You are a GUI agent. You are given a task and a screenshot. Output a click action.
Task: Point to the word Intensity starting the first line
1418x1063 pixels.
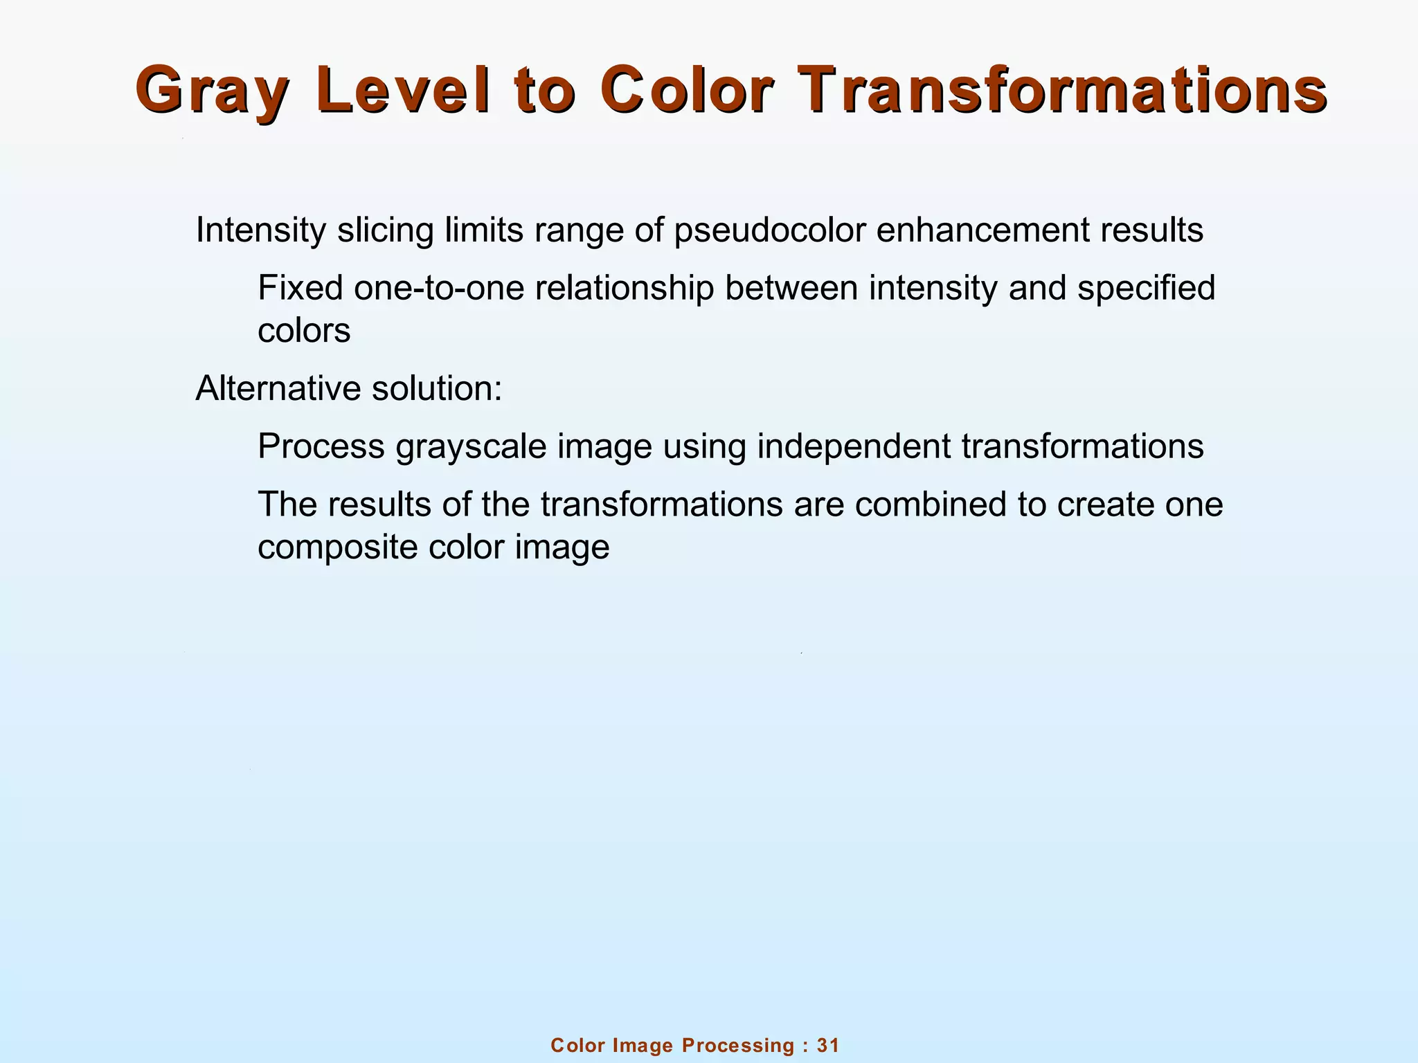(x=260, y=230)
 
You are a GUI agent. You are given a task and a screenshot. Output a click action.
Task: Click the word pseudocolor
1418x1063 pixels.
(x=769, y=230)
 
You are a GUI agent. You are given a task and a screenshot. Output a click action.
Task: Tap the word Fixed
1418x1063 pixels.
(x=300, y=288)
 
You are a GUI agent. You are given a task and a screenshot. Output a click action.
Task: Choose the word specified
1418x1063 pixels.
(x=1146, y=288)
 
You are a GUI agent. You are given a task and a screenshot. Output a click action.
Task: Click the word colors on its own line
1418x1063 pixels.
(x=304, y=331)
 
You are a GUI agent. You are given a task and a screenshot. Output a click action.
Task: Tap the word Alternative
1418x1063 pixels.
(x=278, y=389)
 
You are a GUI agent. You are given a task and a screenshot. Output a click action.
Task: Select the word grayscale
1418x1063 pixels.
(x=471, y=447)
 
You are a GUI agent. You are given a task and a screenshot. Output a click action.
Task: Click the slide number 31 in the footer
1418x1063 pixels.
(x=828, y=1046)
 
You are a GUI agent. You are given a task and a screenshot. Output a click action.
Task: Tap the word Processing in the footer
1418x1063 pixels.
(x=738, y=1046)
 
